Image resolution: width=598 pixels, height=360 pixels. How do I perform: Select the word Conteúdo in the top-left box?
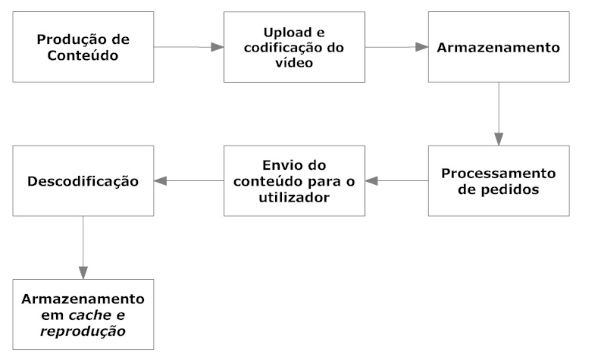click(x=83, y=55)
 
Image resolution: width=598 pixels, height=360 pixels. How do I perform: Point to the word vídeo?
click(x=294, y=63)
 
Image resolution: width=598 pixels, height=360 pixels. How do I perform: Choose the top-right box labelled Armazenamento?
click(x=499, y=47)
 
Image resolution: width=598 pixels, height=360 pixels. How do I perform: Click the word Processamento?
click(x=499, y=174)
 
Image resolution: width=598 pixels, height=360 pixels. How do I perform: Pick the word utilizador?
click(x=294, y=198)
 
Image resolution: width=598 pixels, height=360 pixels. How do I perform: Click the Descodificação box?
click(x=83, y=181)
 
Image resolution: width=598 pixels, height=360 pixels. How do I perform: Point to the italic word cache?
click(x=90, y=315)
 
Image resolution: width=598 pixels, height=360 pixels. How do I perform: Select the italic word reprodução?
click(x=83, y=331)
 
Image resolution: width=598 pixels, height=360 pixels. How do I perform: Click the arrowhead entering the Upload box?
click(x=218, y=47)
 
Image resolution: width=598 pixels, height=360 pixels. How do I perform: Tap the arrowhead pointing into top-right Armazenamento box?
click(x=422, y=47)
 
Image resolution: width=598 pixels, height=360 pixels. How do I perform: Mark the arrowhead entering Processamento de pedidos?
click(x=499, y=139)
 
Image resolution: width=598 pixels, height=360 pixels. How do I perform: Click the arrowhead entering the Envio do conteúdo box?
click(x=371, y=181)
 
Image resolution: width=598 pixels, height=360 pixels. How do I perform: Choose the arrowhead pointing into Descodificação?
click(x=160, y=181)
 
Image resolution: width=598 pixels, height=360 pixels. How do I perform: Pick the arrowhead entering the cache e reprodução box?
click(x=83, y=273)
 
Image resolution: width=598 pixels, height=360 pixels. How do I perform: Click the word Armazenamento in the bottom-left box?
click(x=83, y=299)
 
